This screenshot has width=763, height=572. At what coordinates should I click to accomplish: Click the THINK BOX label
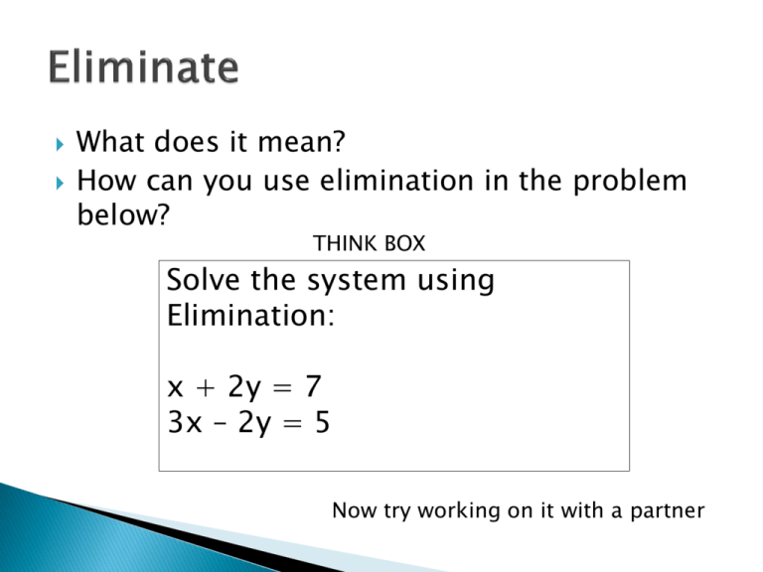tap(369, 241)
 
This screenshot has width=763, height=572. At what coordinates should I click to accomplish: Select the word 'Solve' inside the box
tap(204, 281)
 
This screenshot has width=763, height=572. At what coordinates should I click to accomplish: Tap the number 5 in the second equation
tap(323, 424)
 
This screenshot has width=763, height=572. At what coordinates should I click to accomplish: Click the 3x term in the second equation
tap(186, 424)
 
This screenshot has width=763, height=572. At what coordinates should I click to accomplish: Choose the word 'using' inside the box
tap(461, 282)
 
